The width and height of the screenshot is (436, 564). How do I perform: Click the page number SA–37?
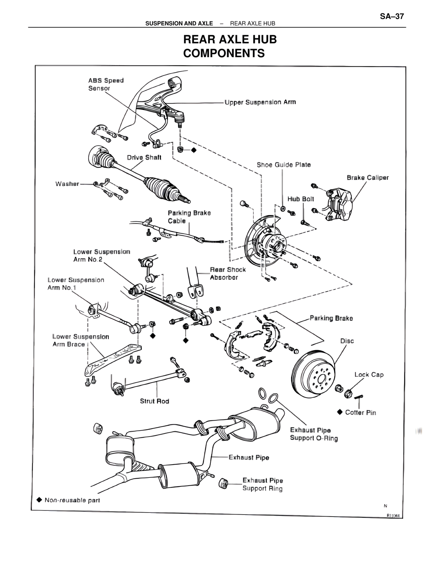pyautogui.click(x=392, y=16)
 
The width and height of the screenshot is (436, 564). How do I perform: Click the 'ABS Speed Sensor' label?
pyautogui.click(x=106, y=84)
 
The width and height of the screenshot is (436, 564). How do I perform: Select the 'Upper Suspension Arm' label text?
pyautogui.click(x=260, y=102)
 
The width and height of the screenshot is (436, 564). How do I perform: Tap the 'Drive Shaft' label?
pyautogui.click(x=144, y=157)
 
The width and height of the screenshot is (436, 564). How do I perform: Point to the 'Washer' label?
pyautogui.click(x=67, y=184)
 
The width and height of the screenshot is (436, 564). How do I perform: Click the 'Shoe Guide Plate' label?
pyautogui.click(x=284, y=165)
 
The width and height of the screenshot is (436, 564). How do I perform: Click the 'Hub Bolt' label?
pyautogui.click(x=300, y=199)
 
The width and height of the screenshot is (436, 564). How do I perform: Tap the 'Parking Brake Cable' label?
pyautogui.click(x=189, y=217)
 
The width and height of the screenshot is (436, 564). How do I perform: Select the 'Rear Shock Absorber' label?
pyautogui.click(x=228, y=273)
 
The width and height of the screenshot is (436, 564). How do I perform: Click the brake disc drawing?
pyautogui.click(x=313, y=375)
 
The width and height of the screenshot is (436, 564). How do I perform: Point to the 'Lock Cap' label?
pyautogui.click(x=369, y=375)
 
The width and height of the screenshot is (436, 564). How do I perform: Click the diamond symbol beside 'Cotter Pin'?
pyautogui.click(x=340, y=412)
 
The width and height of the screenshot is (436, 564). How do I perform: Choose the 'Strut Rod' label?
pyautogui.click(x=154, y=401)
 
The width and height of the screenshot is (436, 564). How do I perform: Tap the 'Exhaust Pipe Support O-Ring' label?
pyautogui.click(x=314, y=434)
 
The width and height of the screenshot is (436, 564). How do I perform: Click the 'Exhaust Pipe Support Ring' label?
pyautogui.click(x=262, y=484)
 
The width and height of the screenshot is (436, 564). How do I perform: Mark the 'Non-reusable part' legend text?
pyautogui.click(x=72, y=500)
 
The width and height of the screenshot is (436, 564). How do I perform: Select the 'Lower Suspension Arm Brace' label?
pyautogui.click(x=80, y=341)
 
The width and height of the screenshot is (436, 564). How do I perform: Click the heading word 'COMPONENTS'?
pyautogui.click(x=224, y=53)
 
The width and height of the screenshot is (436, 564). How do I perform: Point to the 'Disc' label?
pyautogui.click(x=347, y=341)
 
